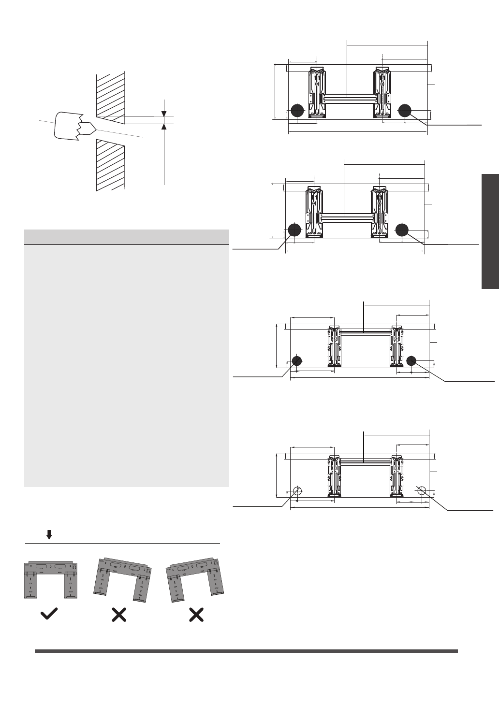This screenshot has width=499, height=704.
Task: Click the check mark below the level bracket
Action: point(49,614)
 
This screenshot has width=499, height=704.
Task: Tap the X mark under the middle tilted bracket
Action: point(119,615)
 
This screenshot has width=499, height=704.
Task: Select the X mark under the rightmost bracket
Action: point(196,615)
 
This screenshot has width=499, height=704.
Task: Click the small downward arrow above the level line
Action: point(49,534)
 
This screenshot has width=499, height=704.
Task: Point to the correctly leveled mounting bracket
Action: point(50,579)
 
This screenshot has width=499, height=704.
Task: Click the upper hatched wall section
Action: point(110,96)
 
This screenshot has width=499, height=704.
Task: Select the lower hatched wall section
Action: point(110,164)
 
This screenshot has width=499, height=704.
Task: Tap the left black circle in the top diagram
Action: point(297,111)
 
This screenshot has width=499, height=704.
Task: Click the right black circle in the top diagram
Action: point(404,111)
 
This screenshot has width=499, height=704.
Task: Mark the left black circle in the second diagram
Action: point(294,230)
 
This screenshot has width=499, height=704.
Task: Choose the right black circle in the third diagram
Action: point(411,360)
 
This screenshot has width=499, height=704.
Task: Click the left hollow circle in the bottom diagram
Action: point(297,491)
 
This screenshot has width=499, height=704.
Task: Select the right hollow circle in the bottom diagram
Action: point(422,490)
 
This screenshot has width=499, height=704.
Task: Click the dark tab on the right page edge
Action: point(490,231)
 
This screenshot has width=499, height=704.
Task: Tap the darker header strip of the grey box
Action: point(126,237)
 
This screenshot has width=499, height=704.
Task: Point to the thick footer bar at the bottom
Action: point(246,651)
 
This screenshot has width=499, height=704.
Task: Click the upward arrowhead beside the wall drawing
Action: point(164,127)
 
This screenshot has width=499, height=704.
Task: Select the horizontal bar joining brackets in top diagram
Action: point(348,99)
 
